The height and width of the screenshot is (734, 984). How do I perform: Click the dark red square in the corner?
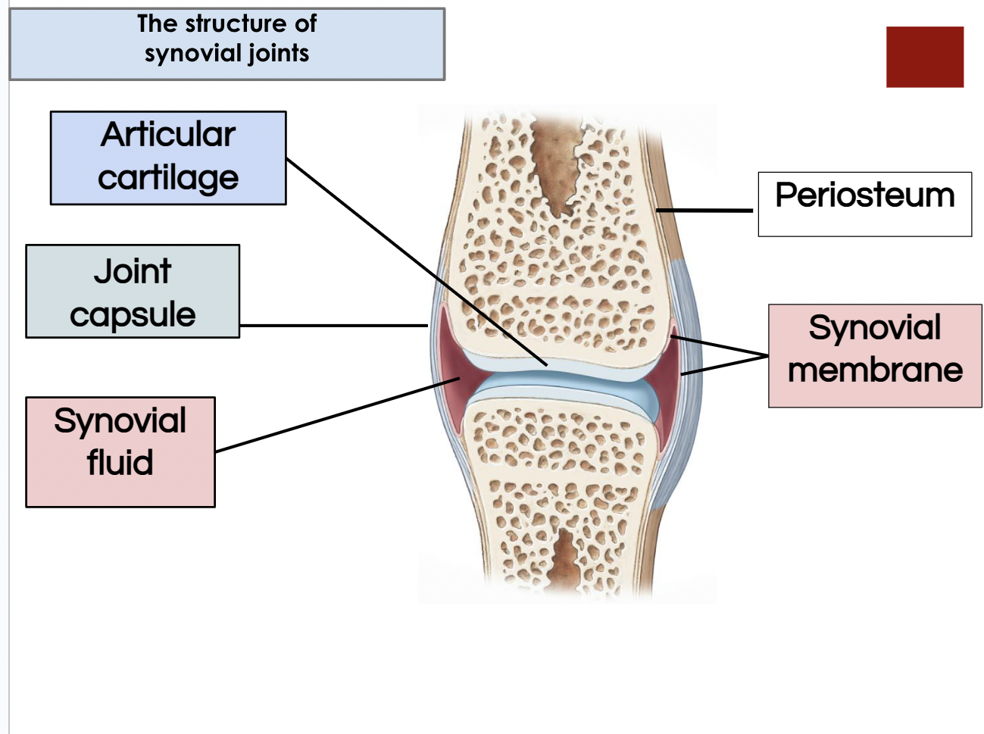coord(925,57)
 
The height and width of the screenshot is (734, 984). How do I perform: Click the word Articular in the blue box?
coord(168,134)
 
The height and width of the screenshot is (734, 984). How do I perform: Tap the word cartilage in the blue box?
coord(168,179)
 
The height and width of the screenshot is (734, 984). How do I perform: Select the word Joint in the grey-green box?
coord(133,271)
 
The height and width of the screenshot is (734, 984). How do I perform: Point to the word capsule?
coord(133,315)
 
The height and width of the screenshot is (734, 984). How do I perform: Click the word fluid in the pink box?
coord(120,462)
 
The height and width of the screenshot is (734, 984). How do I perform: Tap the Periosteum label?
coord(865,196)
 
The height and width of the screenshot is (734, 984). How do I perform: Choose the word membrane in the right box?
coord(875,370)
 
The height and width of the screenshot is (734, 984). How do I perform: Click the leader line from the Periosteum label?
coord(704,210)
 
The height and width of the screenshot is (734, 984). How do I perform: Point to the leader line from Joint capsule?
coord(333,325)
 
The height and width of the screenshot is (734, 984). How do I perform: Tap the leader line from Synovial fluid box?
coord(338,414)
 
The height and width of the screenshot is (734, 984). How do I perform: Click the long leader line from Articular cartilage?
coord(417,262)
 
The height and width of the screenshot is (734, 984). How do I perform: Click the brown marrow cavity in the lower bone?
coord(566,560)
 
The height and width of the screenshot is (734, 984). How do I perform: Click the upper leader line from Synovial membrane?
coord(720,346)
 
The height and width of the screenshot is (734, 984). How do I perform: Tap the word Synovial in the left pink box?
coord(120,421)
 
